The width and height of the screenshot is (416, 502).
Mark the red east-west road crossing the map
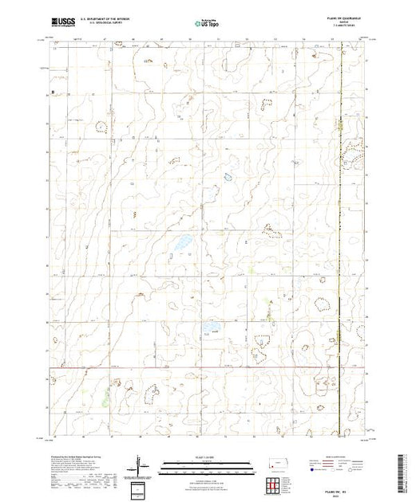click(200, 368)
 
